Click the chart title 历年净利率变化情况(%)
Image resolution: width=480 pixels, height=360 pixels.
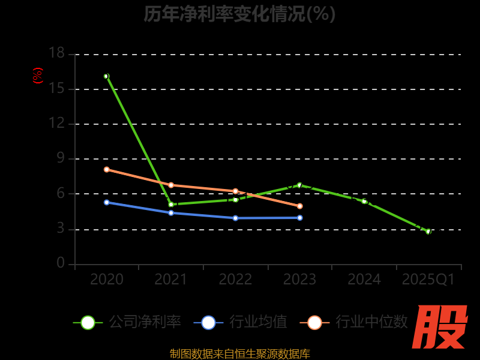click(239, 14)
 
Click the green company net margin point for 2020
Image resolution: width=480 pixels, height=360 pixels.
click(107, 76)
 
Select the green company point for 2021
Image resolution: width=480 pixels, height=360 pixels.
click(171, 205)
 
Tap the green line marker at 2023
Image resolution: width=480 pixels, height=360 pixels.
click(299, 185)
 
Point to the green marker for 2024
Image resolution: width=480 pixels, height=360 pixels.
click(364, 201)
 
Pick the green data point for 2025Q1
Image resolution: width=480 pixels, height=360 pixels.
click(428, 231)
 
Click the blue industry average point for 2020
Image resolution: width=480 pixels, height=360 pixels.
click(107, 202)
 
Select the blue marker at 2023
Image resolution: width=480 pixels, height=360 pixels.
click(299, 218)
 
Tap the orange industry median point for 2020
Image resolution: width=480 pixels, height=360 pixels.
click(107, 169)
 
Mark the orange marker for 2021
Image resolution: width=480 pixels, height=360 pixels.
click(171, 185)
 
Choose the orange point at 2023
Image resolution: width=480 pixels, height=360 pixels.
click(299, 206)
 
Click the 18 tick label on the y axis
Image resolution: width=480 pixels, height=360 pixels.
click(56, 53)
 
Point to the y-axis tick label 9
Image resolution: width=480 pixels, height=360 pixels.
click(60, 158)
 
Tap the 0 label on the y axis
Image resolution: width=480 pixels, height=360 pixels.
click(60, 263)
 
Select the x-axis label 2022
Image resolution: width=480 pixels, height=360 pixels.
click(235, 280)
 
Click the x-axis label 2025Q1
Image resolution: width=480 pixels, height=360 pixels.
click(428, 280)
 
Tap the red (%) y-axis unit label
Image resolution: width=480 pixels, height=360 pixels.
click(38, 76)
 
